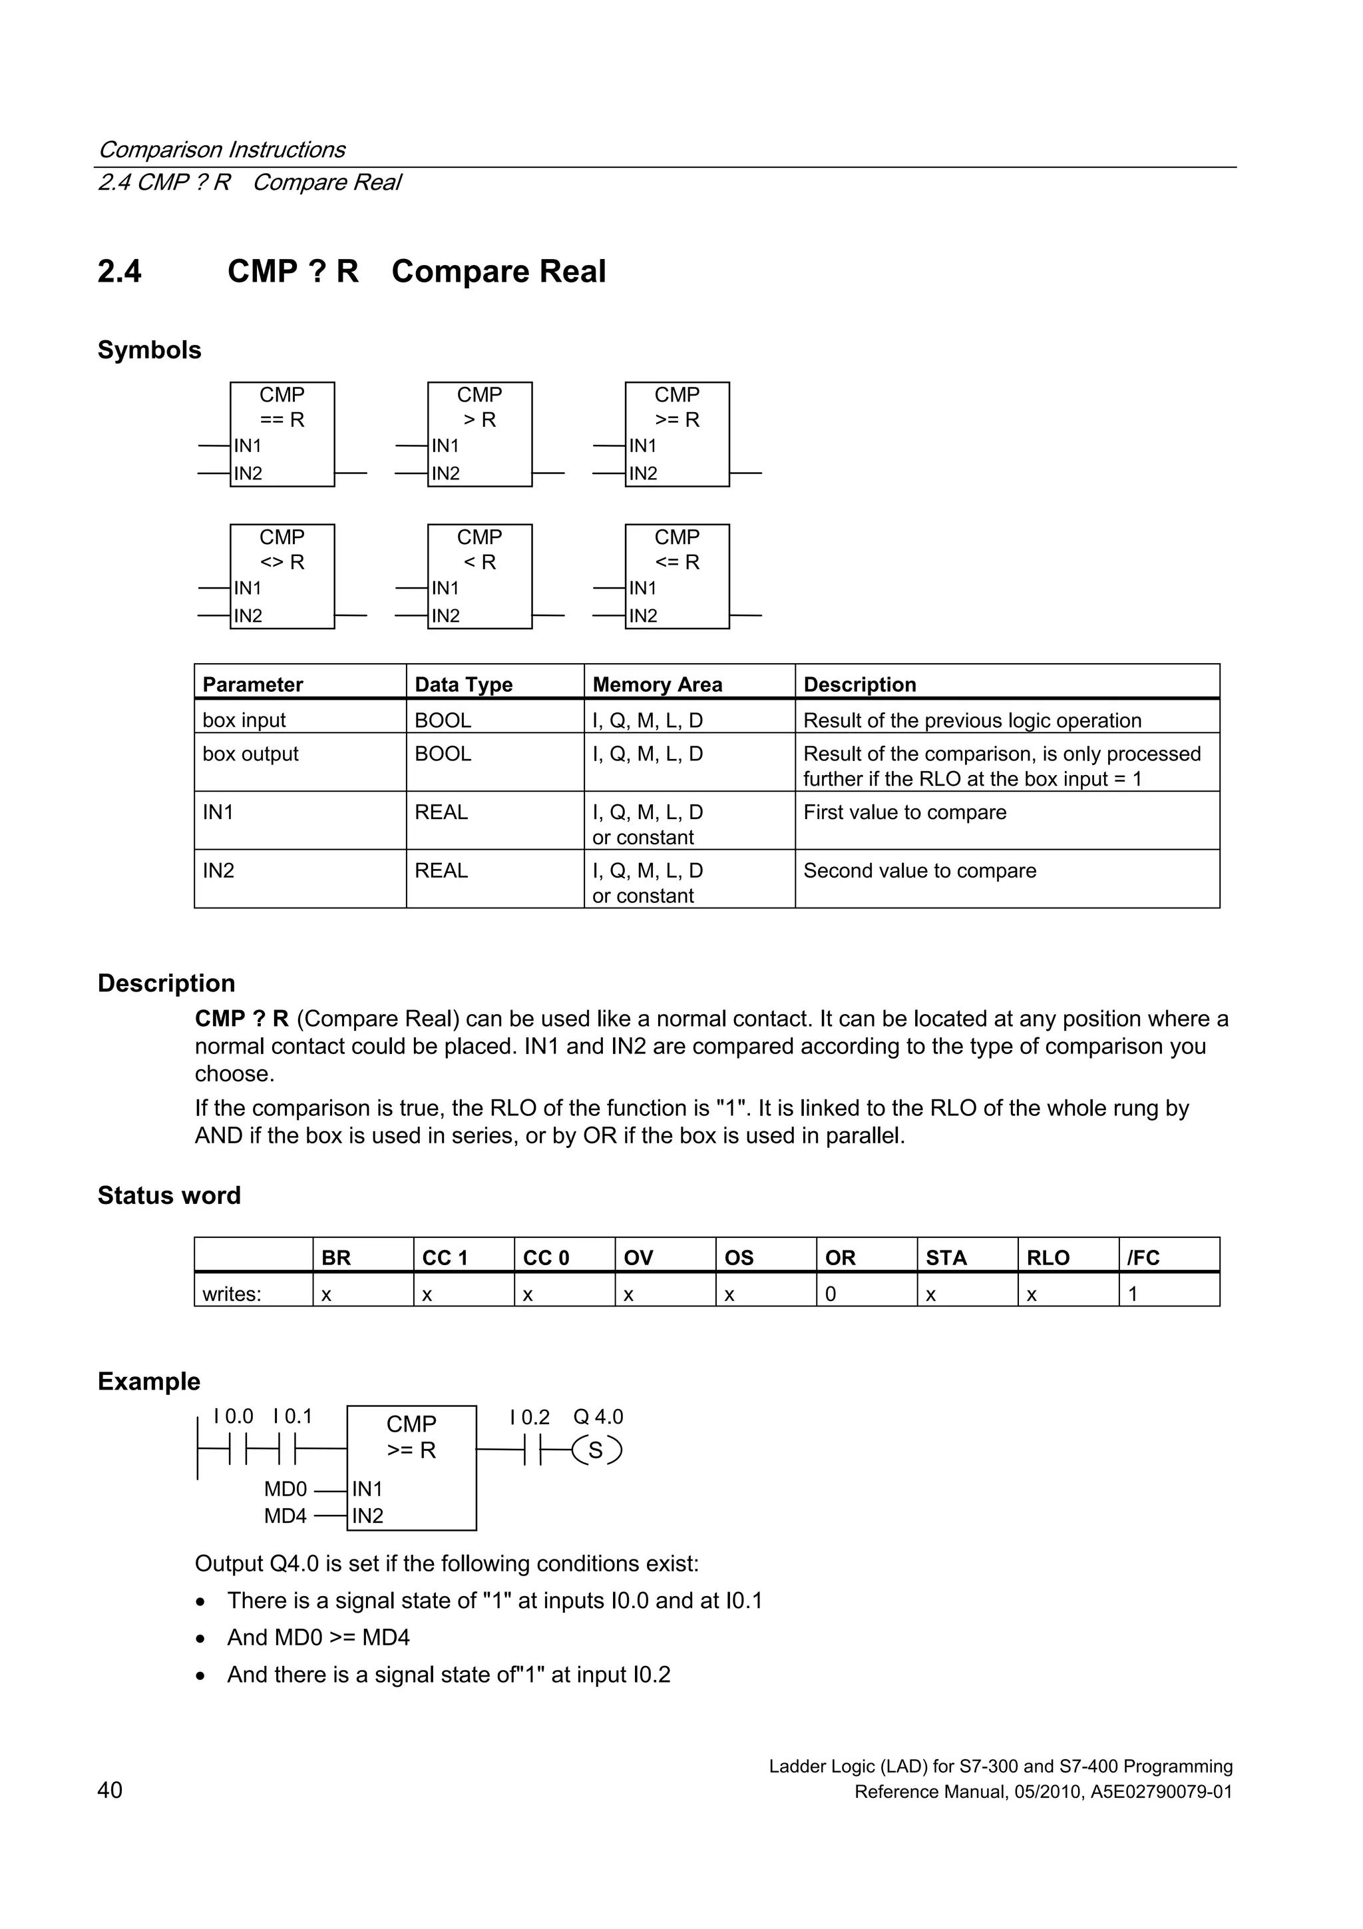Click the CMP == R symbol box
(282, 434)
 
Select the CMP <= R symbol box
(677, 577)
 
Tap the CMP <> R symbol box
(282, 577)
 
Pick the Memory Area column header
(657, 684)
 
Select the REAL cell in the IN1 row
(441, 812)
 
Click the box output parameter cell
(250, 754)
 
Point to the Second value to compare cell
(920, 870)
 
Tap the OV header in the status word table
(638, 1258)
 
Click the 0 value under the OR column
(831, 1294)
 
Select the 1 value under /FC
(1132, 1294)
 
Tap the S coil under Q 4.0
(596, 1451)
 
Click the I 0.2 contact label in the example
(529, 1418)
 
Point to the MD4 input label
(286, 1516)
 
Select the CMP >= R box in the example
(411, 1467)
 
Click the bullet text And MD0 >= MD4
(318, 1637)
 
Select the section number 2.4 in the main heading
(119, 272)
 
